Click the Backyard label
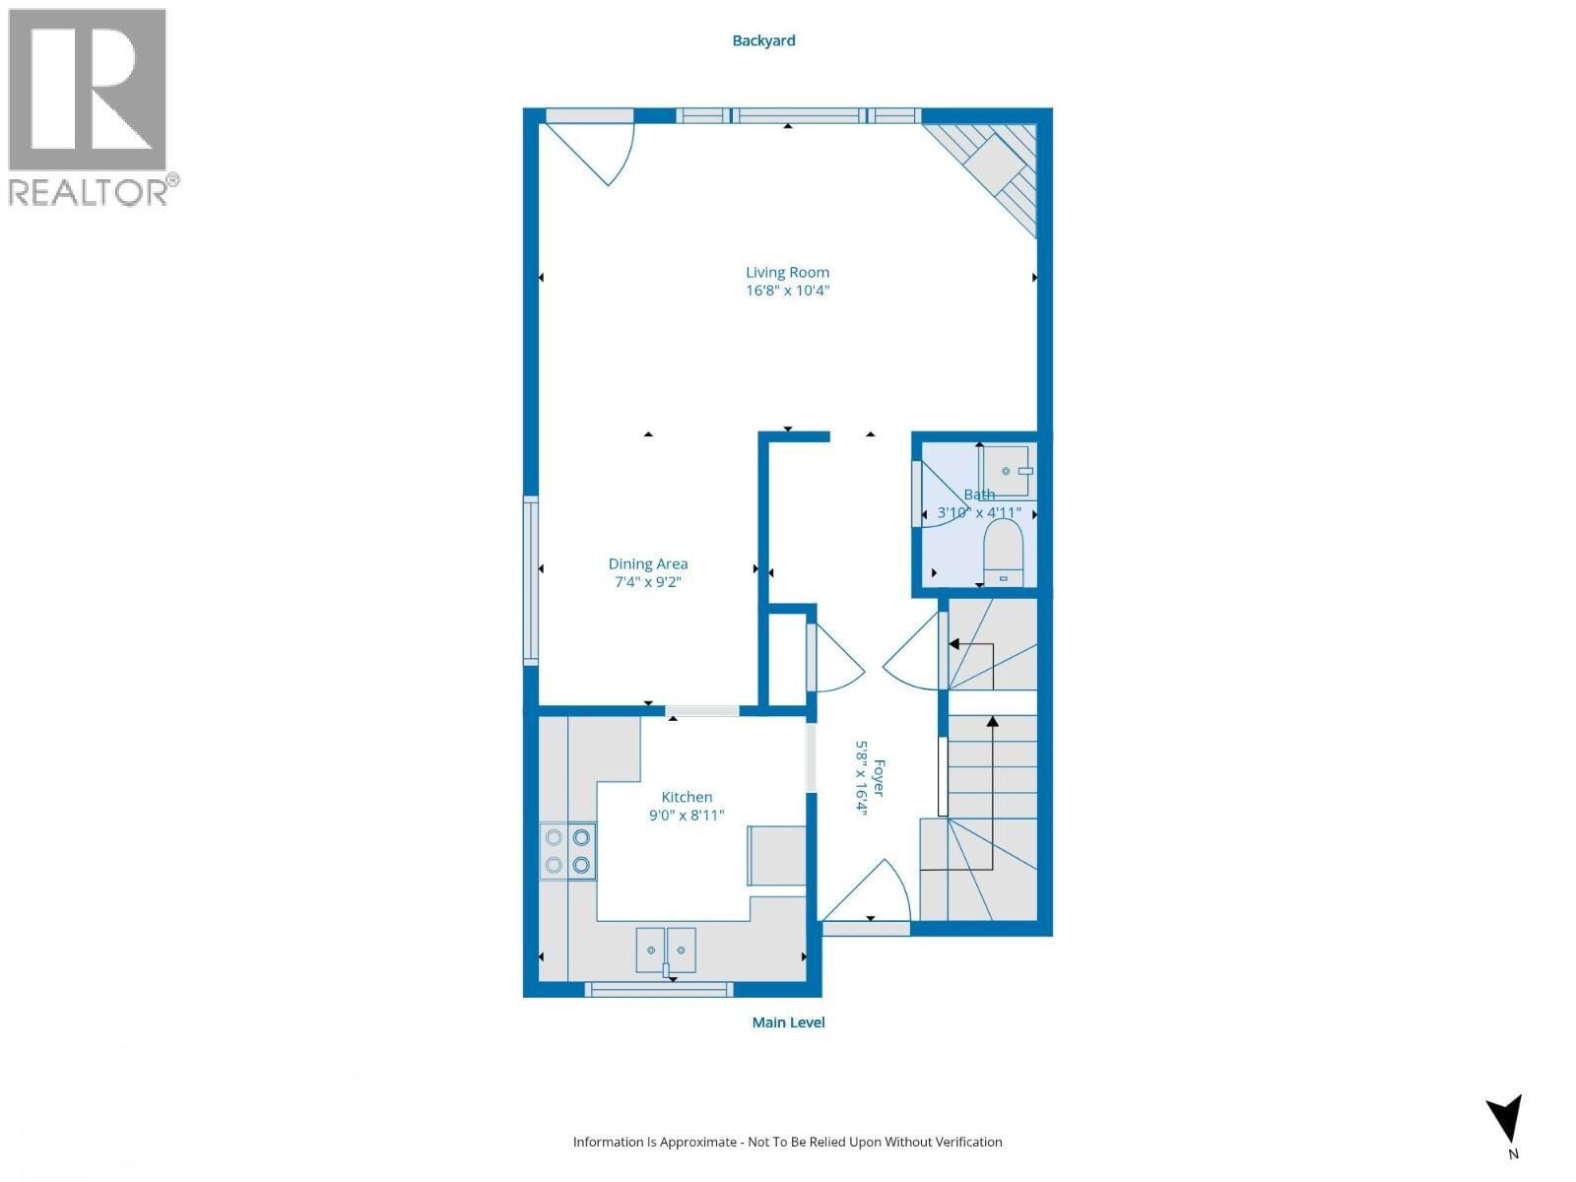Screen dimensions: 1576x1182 [x=763, y=41]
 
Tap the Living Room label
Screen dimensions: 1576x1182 [x=787, y=272]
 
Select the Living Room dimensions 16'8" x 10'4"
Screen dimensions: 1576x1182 [x=787, y=291]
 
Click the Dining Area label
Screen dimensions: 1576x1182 [x=647, y=564]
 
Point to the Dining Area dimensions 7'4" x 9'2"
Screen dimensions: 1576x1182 [x=647, y=582]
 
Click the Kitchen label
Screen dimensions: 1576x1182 [x=687, y=797]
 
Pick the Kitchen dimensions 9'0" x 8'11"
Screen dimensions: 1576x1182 [x=687, y=816]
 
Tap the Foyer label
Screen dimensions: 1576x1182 [x=879, y=779]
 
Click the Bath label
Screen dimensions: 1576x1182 [x=979, y=494]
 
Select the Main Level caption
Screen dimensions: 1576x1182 [x=788, y=1022]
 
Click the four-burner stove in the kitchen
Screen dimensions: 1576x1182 [x=568, y=850]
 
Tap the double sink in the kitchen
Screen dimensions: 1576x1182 [x=666, y=951]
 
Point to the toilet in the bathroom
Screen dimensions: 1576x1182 [x=1003, y=553]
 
